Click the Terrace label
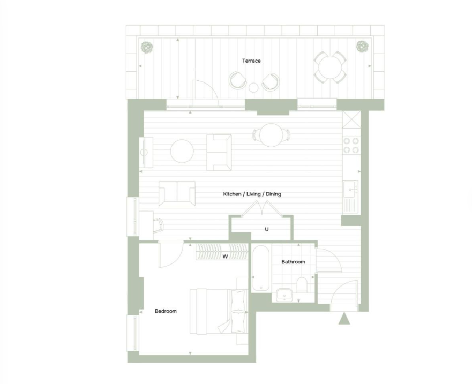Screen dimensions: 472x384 tap(251, 61)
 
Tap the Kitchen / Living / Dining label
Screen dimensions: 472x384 tap(252, 194)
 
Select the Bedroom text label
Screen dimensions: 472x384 tap(166, 311)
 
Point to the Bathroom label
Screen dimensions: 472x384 tap(293, 262)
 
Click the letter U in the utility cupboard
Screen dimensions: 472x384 tap(267, 229)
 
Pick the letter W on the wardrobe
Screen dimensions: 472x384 tap(225, 257)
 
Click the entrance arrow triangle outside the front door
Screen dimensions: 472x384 tap(344, 318)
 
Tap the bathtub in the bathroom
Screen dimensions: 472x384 tap(261, 268)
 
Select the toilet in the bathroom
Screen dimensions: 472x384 tap(302, 285)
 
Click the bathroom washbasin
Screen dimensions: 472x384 tap(284, 295)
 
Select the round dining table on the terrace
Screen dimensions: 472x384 tap(330, 67)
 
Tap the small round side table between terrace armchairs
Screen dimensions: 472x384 tap(253, 88)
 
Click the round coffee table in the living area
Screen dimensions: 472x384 tap(182, 151)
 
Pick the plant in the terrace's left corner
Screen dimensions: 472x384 tap(147, 47)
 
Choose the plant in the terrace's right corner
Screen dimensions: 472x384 tap(362, 47)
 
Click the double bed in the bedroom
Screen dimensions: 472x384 tap(219, 312)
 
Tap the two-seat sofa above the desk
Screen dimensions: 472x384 tap(177, 193)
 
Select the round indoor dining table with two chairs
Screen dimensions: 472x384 tap(272, 135)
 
